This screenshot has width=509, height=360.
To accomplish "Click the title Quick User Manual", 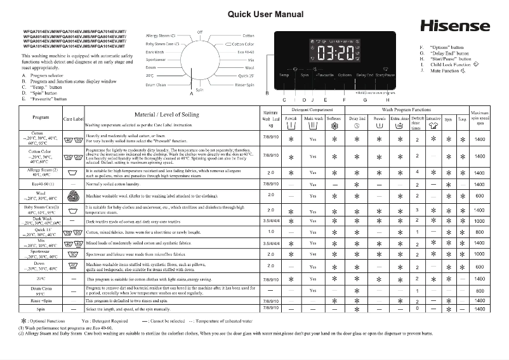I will click(x=256, y=14).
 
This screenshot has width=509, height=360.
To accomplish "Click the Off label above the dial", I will click(x=200, y=31).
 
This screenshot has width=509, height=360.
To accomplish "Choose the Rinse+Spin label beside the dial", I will click(x=244, y=84).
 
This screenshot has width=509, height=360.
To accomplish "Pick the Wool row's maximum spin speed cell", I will click(x=480, y=196).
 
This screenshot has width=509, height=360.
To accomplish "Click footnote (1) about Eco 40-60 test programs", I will click(x=67, y=328).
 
